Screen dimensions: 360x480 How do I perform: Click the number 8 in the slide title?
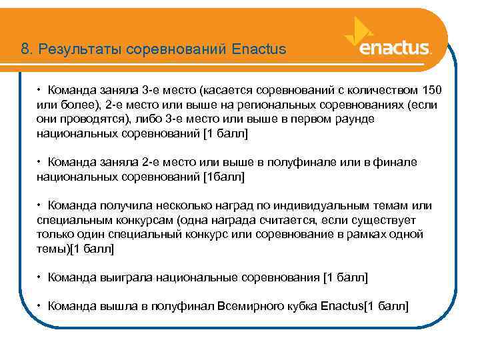tap(24, 49)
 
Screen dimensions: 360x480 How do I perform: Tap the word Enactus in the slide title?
tap(260, 49)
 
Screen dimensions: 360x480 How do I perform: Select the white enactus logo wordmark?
tap(395, 49)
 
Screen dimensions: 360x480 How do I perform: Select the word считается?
tap(288, 221)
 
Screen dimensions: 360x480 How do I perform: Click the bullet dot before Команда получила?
tap(40, 206)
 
